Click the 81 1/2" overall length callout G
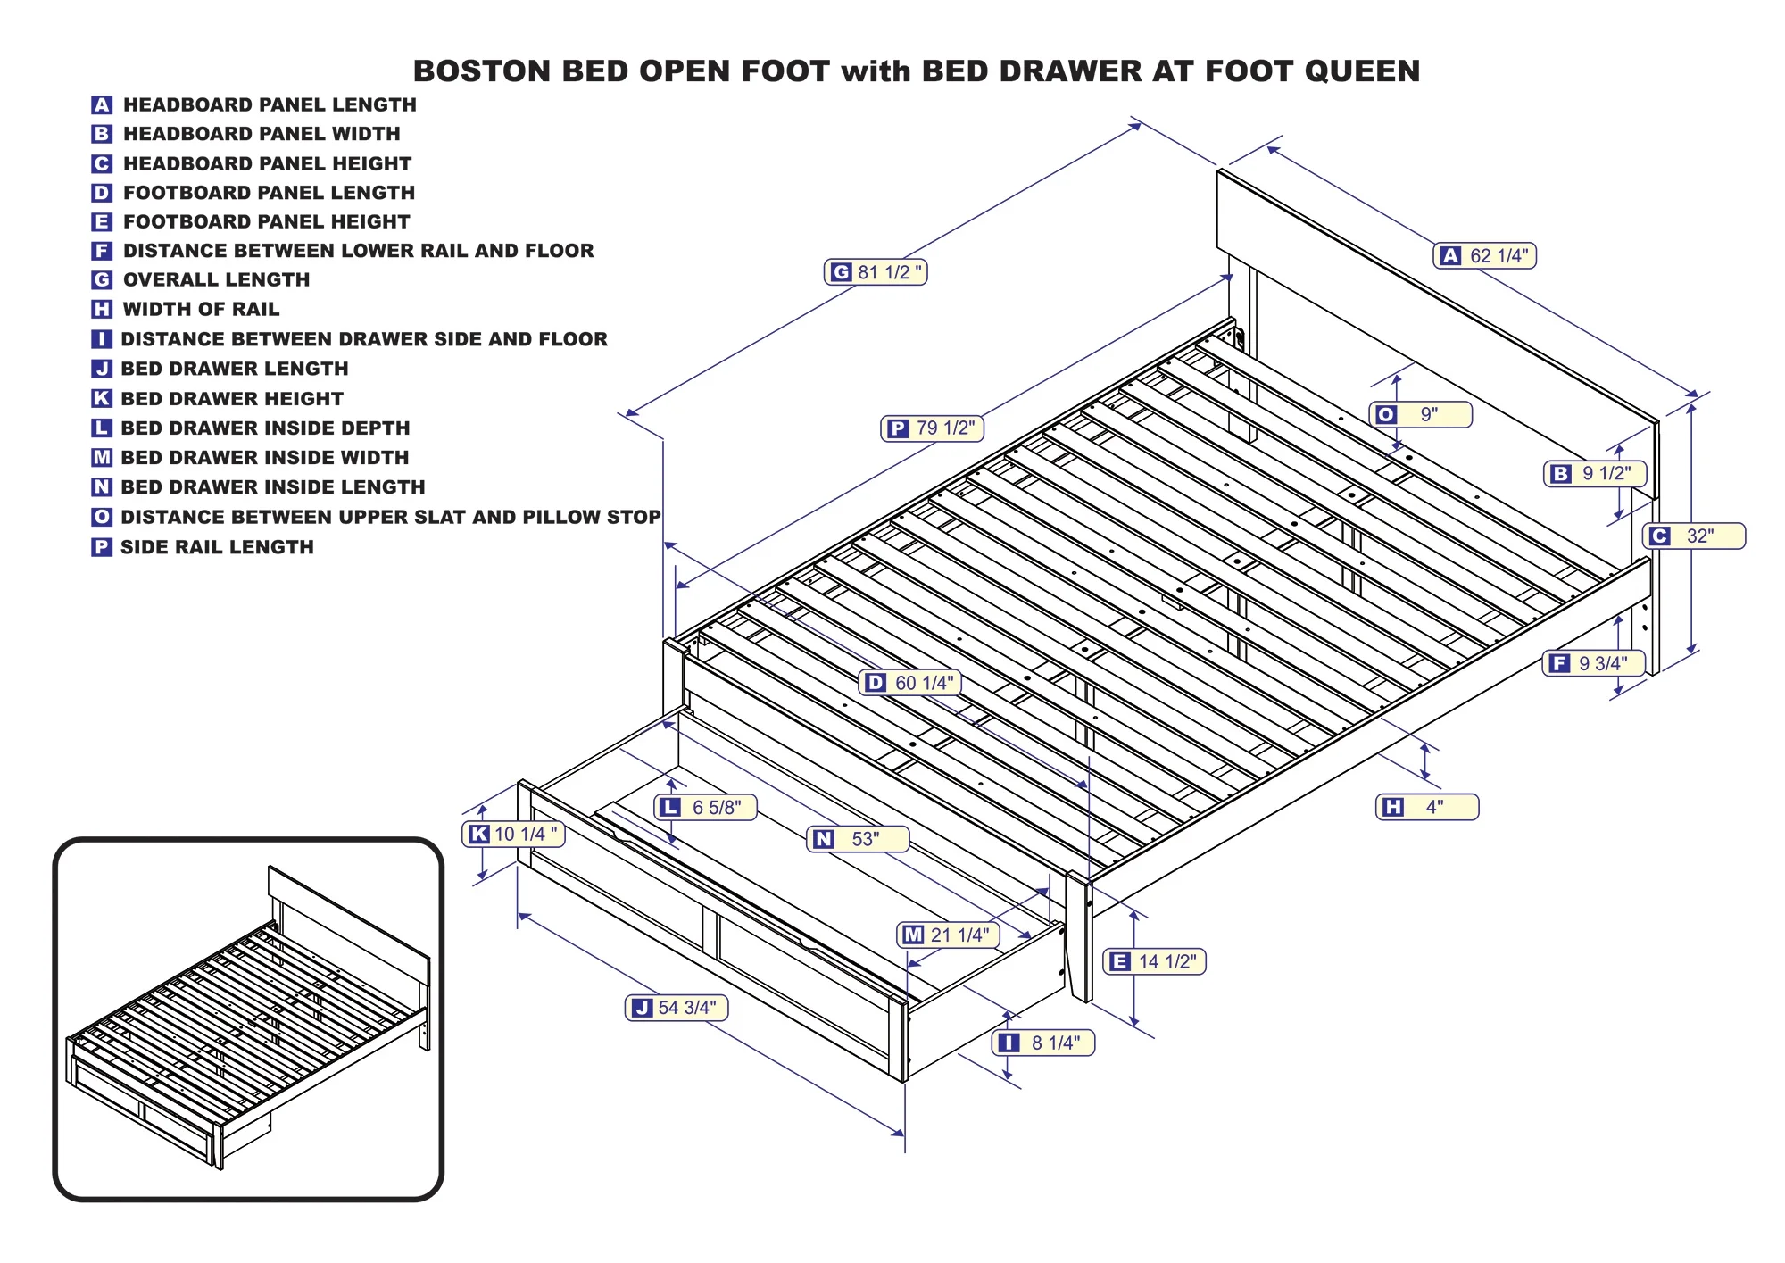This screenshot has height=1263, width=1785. [876, 272]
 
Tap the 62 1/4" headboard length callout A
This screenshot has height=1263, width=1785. [1485, 256]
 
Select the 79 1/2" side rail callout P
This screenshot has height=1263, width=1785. [933, 428]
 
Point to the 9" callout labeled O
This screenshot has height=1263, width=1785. [1421, 414]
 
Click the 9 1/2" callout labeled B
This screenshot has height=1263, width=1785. [1595, 474]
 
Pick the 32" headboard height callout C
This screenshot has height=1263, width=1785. [1694, 536]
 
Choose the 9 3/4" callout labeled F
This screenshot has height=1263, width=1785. [1594, 663]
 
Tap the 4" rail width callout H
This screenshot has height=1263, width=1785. [1427, 807]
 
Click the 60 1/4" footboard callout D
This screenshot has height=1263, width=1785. [910, 683]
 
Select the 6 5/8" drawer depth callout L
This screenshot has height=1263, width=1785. [706, 808]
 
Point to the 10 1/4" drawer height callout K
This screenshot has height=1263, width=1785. [513, 835]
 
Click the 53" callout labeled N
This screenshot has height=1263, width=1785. [858, 839]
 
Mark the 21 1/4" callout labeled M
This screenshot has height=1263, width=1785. [948, 935]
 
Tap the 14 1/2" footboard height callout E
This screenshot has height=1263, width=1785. [1155, 962]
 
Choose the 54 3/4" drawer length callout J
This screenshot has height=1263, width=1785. [677, 1008]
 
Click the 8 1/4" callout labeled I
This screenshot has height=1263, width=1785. [1043, 1043]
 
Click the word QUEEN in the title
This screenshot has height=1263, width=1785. [1362, 71]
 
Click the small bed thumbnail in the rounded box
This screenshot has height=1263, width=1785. [248, 1018]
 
